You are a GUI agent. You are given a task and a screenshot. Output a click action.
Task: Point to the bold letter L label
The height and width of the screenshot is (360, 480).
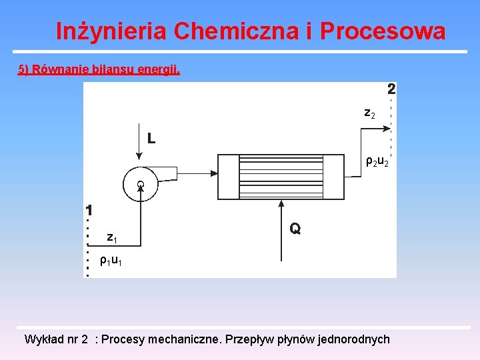(x=151, y=139)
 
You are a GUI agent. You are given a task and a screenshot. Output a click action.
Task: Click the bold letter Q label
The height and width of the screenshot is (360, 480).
(x=295, y=229)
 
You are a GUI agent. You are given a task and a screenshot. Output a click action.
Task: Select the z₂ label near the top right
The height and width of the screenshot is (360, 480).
(x=369, y=114)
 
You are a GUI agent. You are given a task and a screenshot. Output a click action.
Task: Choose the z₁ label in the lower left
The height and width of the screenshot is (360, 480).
(x=113, y=237)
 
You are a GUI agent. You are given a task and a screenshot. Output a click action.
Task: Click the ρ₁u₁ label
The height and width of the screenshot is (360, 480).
(x=111, y=261)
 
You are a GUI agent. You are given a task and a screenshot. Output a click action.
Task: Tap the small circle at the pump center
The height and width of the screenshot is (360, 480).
(x=141, y=183)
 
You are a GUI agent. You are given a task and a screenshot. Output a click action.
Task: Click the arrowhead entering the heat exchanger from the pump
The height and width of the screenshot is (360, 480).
(x=214, y=173)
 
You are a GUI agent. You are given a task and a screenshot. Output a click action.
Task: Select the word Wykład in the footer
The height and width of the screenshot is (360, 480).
(x=44, y=339)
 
